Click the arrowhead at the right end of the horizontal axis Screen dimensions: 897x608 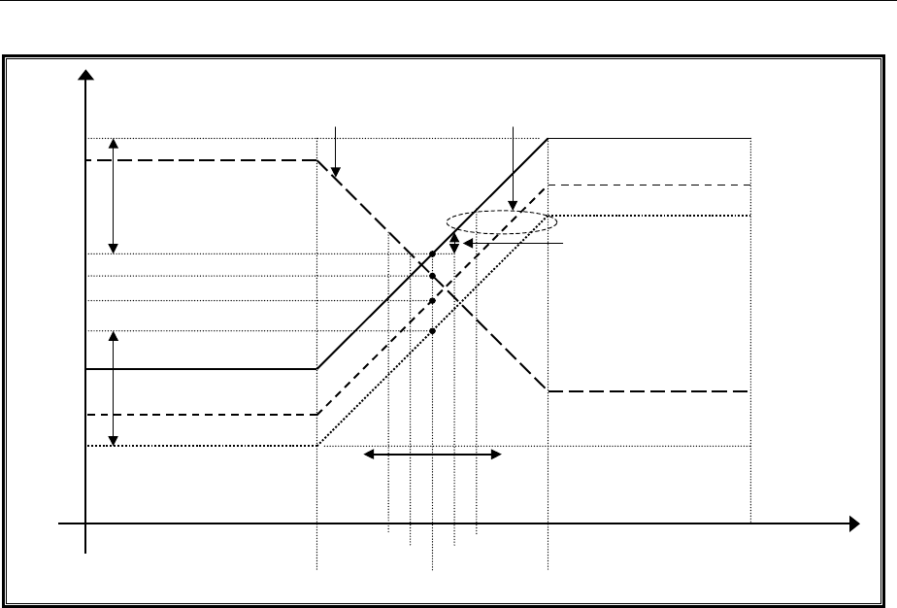pos(853,524)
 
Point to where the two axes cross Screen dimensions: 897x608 pos(87,524)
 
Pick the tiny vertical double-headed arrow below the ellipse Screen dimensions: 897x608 pos(454,243)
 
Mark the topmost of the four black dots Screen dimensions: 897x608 pos(432,253)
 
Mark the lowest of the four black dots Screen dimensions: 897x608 pos(432,331)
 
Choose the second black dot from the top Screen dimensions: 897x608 pos(432,276)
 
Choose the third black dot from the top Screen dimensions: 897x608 pos(432,301)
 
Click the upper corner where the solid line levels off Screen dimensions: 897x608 pos(548,139)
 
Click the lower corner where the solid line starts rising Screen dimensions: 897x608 pos(317,369)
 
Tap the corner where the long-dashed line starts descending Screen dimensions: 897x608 pos(317,160)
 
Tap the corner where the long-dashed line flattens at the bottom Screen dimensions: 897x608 pos(548,390)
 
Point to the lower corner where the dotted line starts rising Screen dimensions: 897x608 pos(317,446)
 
